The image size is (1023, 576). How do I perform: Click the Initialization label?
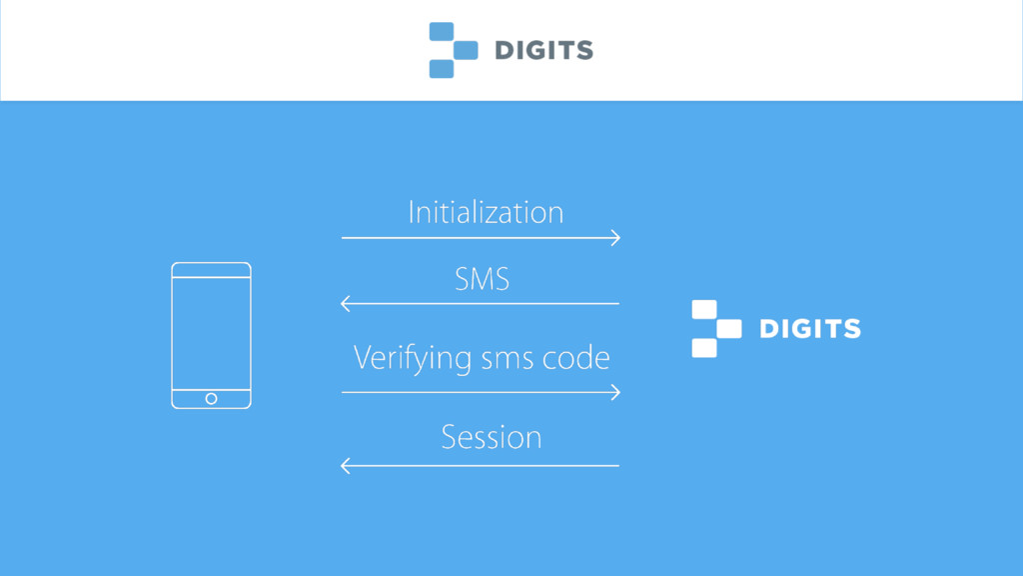[x=486, y=212]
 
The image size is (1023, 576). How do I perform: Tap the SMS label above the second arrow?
[x=483, y=279]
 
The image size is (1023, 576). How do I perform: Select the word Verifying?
[x=414, y=358]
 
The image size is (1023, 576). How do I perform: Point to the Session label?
[x=491, y=437]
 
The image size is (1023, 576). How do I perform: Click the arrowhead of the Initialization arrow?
[x=615, y=238]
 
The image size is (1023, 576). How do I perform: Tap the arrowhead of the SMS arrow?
[x=346, y=303]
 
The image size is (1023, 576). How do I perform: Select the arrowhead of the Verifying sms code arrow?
[x=615, y=392]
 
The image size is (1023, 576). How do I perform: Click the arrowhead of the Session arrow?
[x=346, y=465]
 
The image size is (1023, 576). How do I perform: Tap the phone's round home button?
[x=211, y=399]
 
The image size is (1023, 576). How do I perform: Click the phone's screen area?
[x=211, y=333]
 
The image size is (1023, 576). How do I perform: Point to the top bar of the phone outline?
[x=211, y=270]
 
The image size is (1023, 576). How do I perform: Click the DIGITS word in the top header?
[x=543, y=50]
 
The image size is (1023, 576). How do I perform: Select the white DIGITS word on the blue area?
[x=810, y=329]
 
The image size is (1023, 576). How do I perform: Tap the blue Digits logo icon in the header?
[x=453, y=50]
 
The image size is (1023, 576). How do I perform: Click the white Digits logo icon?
[x=716, y=329]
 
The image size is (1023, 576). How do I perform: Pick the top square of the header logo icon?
[x=442, y=32]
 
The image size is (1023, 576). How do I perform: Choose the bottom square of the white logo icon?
[x=704, y=348]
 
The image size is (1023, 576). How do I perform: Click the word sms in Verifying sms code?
[x=508, y=358]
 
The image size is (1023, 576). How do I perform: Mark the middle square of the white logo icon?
[x=729, y=329]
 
